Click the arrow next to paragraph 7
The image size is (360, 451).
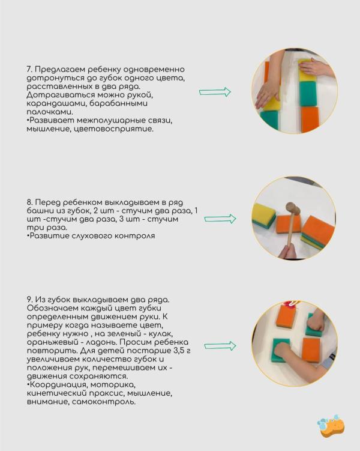tap(215, 92)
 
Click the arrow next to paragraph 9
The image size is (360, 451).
tap(220, 346)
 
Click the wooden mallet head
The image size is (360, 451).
tap(292, 208)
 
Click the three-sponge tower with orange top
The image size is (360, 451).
tap(317, 231)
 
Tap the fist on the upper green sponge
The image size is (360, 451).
tap(316, 322)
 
